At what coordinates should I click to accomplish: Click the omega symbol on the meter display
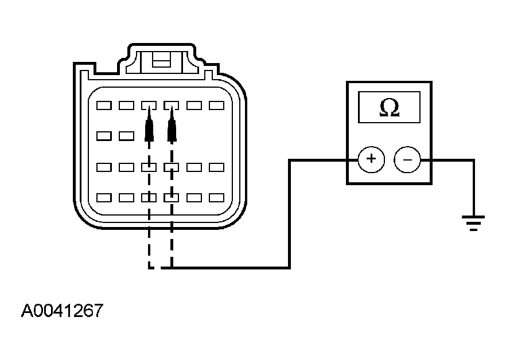pyautogui.click(x=390, y=107)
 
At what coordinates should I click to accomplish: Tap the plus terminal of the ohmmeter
pyautogui.click(x=371, y=159)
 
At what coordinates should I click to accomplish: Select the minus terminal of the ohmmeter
pyautogui.click(x=407, y=159)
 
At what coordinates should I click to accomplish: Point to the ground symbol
pyautogui.click(x=473, y=223)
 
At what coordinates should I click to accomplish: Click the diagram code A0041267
pyautogui.click(x=62, y=310)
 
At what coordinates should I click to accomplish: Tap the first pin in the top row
pyautogui.click(x=104, y=105)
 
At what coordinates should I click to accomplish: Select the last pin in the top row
pyautogui.click(x=216, y=105)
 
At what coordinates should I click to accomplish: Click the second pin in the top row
pyautogui.click(x=126, y=105)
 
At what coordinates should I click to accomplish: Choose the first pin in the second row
pyautogui.click(x=104, y=136)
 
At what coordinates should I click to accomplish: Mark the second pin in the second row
pyautogui.click(x=126, y=136)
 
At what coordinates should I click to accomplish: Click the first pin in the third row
pyautogui.click(x=104, y=167)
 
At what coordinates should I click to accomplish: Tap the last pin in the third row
pyautogui.click(x=216, y=167)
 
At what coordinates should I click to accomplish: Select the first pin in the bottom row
pyautogui.click(x=104, y=197)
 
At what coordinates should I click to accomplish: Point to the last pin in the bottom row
pyautogui.click(x=216, y=197)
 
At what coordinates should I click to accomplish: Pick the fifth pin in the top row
pyautogui.click(x=194, y=105)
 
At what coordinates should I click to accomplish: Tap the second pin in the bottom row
pyautogui.click(x=126, y=197)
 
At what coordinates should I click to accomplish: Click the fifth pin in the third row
pyautogui.click(x=194, y=167)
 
